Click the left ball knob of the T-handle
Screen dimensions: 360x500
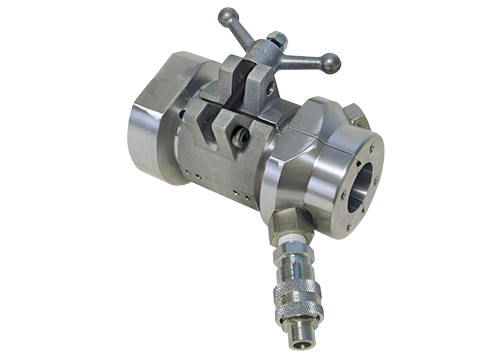coord(227,16)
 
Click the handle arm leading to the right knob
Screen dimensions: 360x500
coord(305,58)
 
